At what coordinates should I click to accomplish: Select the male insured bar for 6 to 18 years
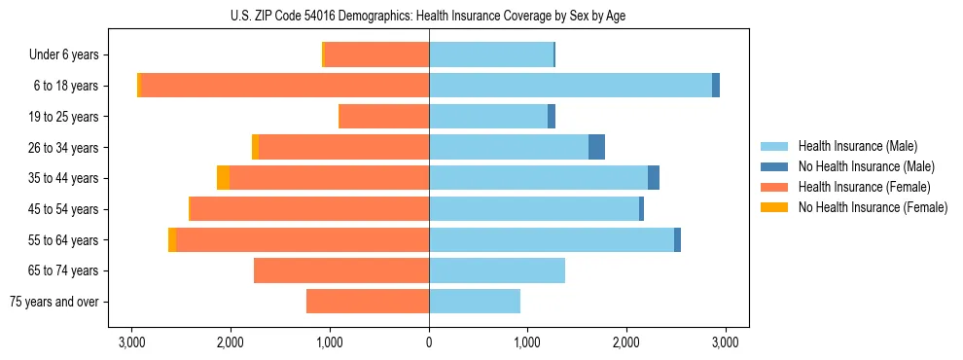click(x=570, y=86)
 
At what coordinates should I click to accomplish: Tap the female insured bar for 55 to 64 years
click(x=303, y=239)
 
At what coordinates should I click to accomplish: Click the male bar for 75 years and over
click(x=475, y=302)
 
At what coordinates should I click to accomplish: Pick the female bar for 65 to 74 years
click(x=341, y=270)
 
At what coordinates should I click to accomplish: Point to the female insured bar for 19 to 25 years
click(x=383, y=117)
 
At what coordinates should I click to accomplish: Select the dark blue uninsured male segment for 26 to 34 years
click(x=596, y=147)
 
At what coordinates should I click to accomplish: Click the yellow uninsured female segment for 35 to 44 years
click(x=224, y=178)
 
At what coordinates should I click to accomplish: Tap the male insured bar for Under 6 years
click(x=491, y=54)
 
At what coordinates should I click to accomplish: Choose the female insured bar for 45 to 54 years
click(x=309, y=209)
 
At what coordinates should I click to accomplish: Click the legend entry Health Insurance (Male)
click(x=856, y=146)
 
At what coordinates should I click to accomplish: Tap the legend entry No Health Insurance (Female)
click(x=873, y=207)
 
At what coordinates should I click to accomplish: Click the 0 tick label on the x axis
click(x=429, y=342)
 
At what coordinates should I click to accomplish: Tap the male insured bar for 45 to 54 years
click(x=534, y=209)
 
